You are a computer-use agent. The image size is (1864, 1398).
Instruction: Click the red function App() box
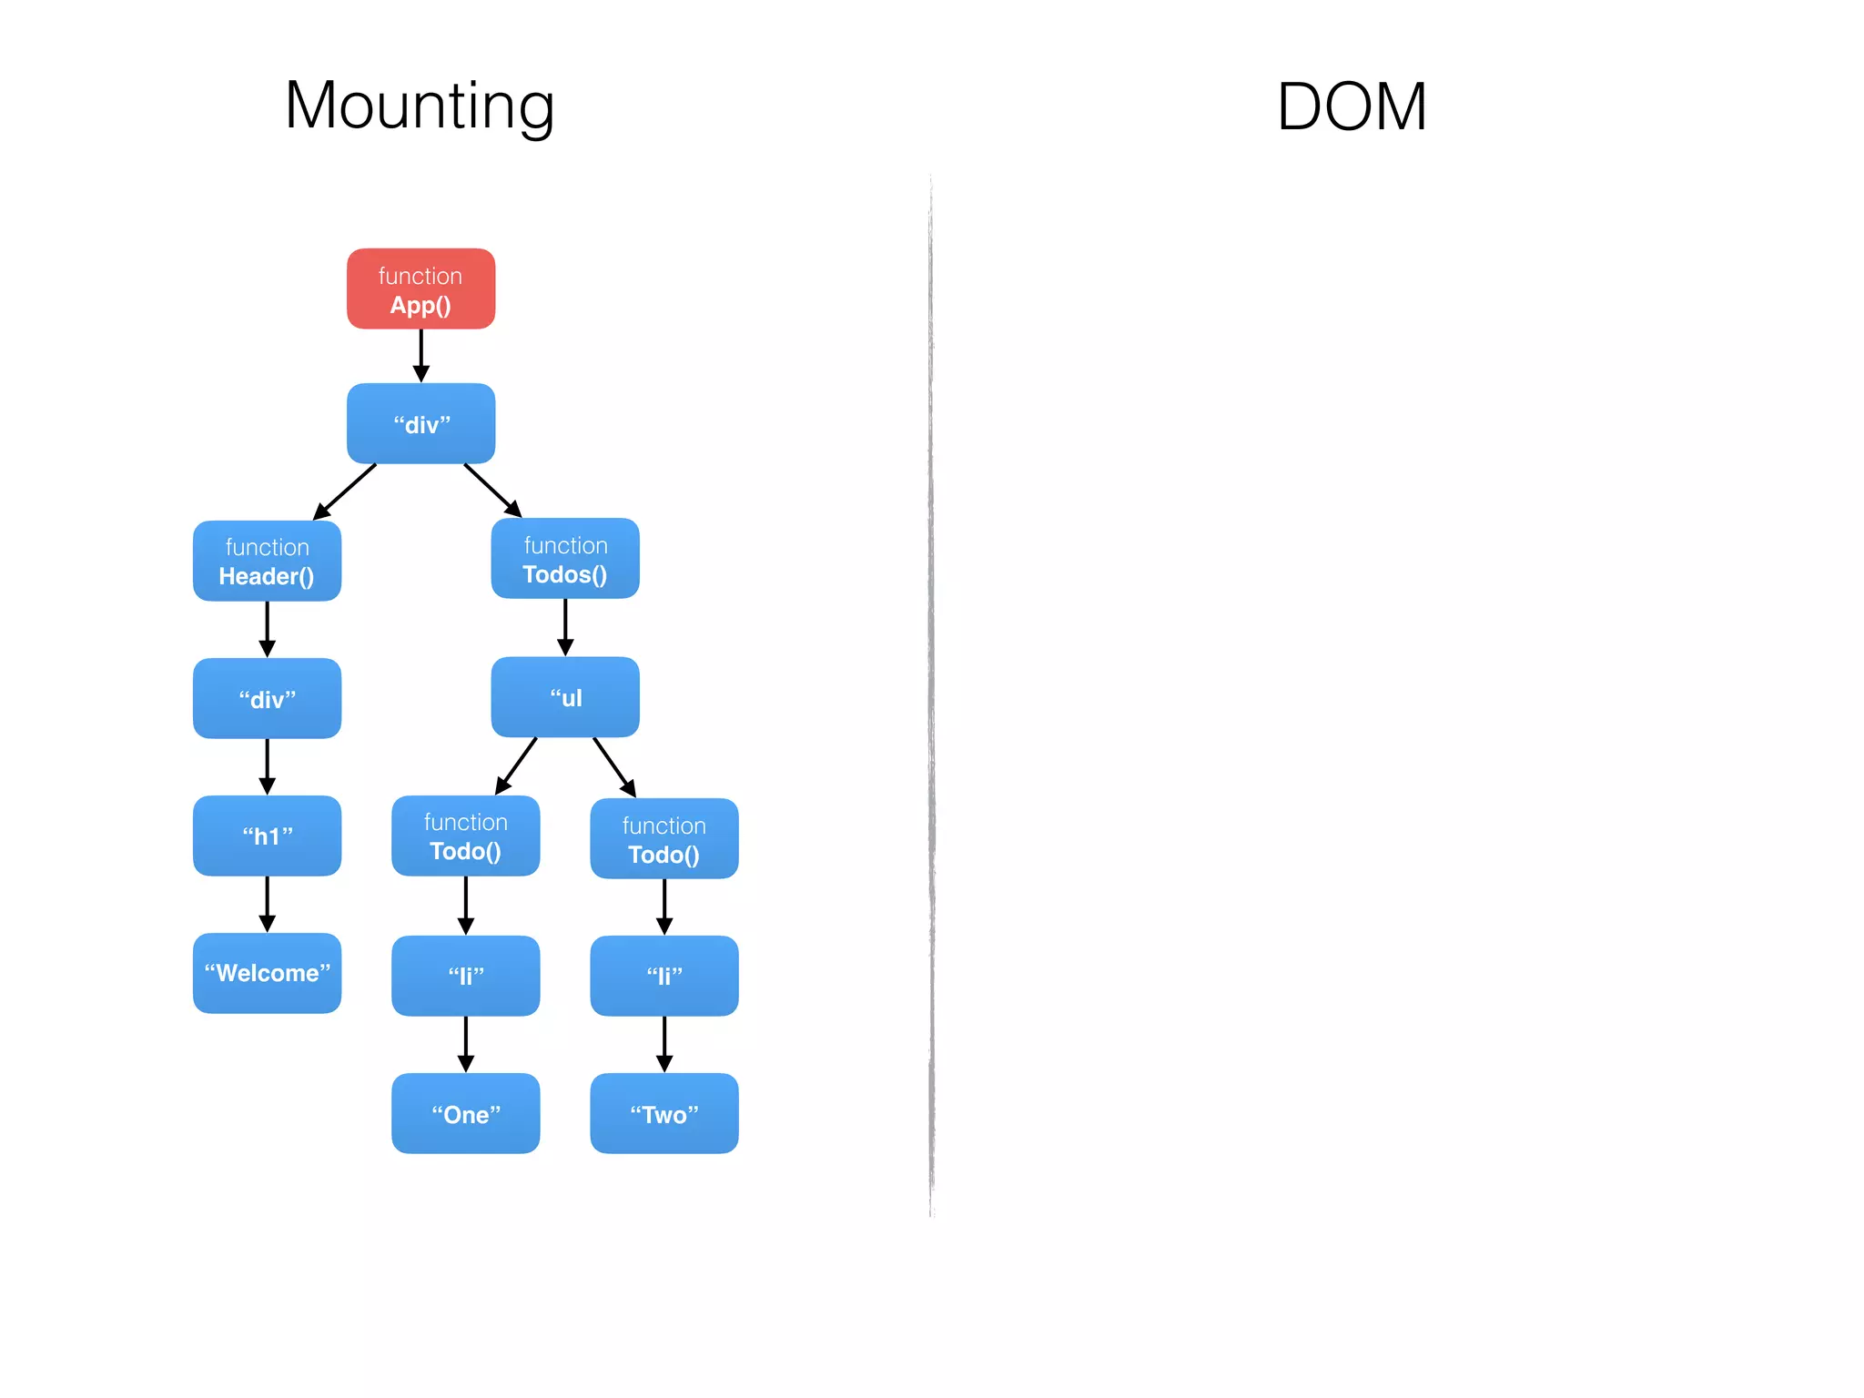pos(420,289)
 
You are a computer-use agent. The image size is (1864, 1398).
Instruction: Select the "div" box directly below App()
pos(420,423)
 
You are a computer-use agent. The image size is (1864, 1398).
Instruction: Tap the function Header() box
pos(267,561)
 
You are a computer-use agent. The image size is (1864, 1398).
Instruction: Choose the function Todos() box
pos(565,559)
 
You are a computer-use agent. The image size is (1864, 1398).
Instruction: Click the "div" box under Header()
pos(267,698)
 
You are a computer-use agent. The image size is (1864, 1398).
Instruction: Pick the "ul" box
pos(565,697)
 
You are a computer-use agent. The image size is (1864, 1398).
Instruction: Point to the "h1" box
pos(267,836)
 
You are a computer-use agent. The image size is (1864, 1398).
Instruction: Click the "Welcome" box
pos(267,973)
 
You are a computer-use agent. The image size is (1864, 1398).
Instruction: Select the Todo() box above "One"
pos(465,836)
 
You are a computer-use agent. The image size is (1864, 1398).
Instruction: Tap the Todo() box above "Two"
pos(664,839)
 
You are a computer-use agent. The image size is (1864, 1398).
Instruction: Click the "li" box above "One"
pos(465,976)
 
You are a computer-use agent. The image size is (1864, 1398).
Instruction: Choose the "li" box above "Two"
pos(664,976)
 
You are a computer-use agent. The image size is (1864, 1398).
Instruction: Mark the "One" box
pos(465,1113)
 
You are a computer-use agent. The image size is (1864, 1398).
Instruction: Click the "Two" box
pos(664,1113)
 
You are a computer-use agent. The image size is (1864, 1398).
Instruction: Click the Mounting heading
pos(420,106)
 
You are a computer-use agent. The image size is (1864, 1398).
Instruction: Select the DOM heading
pos(1351,107)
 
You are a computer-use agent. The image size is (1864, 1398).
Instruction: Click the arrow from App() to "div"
pos(420,355)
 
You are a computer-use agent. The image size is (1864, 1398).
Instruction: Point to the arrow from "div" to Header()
pos(345,491)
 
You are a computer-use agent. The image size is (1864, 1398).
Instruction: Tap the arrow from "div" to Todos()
pos(492,491)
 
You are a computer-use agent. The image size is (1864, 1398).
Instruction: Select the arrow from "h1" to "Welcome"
pos(267,904)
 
